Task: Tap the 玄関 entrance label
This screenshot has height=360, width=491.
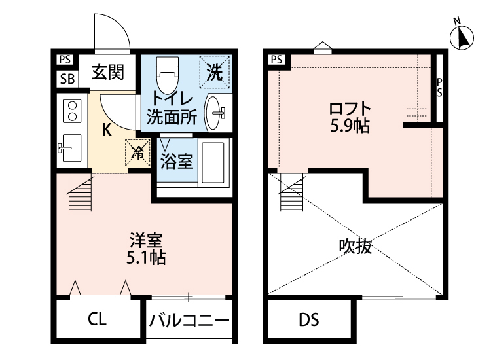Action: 107,71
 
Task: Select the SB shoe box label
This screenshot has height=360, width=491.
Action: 66,79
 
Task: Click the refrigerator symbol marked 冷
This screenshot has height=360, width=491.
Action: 137,153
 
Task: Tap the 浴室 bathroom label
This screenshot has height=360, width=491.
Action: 177,161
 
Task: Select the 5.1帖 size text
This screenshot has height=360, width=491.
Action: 145,257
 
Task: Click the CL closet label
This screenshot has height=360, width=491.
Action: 98,320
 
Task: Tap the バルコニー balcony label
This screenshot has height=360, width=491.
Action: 189,321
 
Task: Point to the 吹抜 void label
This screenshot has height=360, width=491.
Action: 355,247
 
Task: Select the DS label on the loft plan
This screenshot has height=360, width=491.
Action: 308,320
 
